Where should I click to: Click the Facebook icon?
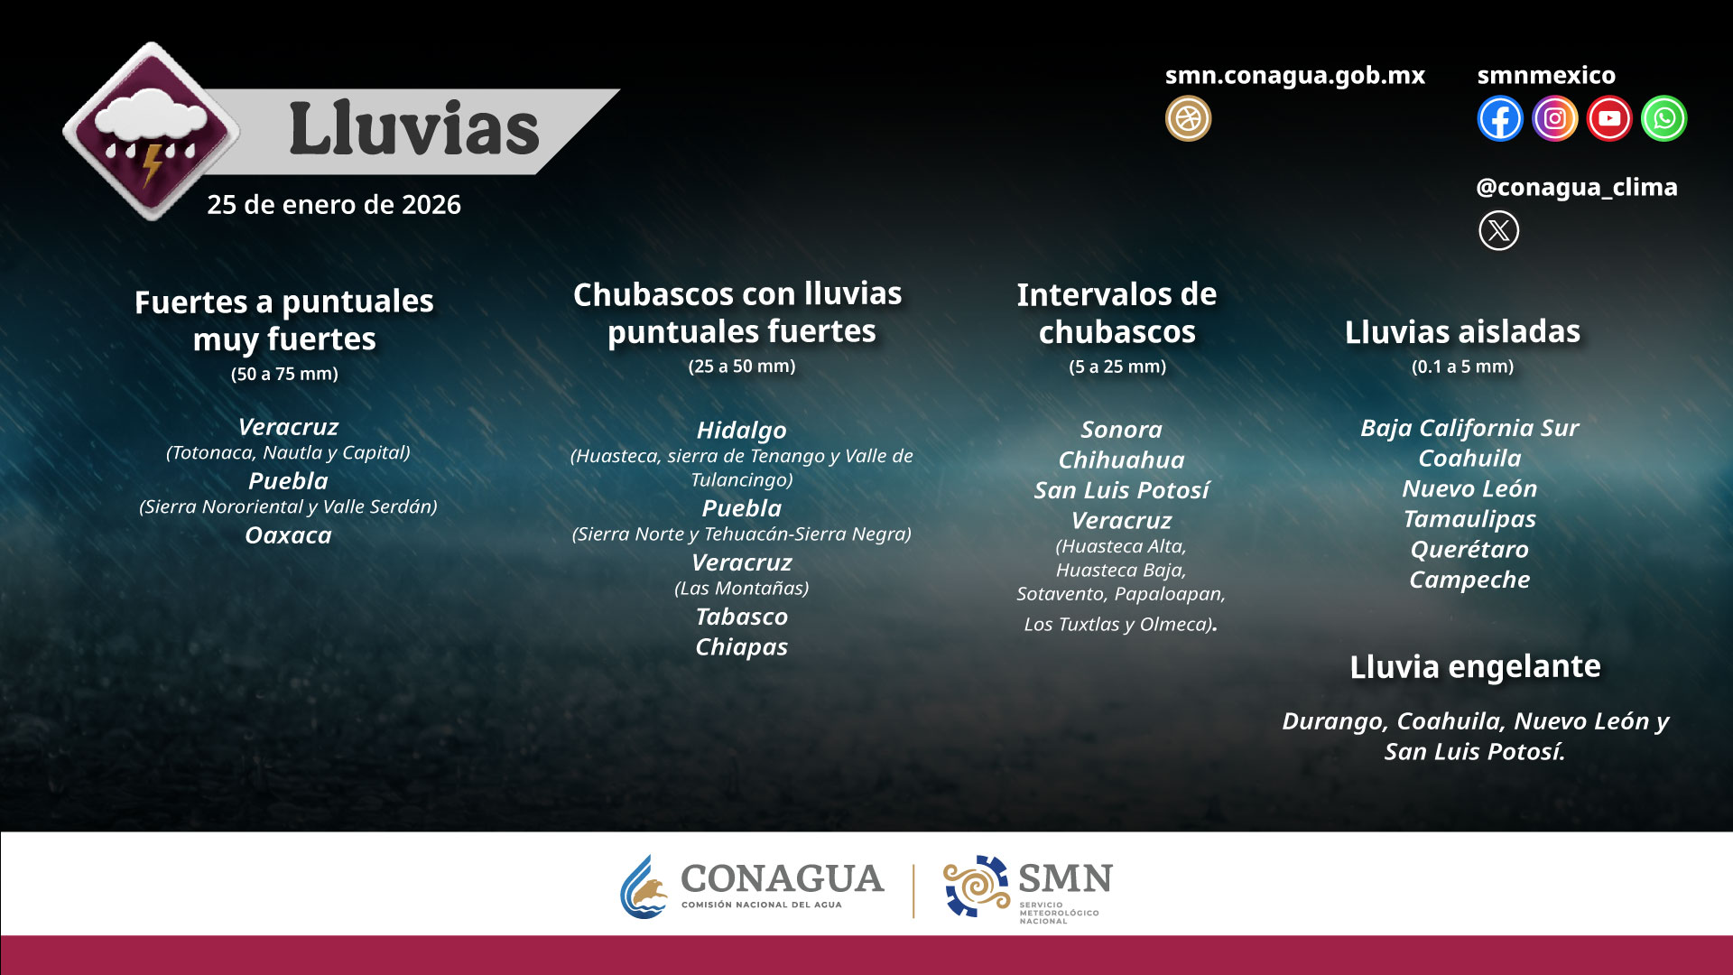[x=1500, y=118]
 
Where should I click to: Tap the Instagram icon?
[x=1554, y=118]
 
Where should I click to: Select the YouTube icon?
[x=1609, y=118]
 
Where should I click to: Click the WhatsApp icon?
[x=1663, y=118]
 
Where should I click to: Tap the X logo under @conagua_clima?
[x=1498, y=230]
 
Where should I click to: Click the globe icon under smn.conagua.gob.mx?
[x=1188, y=118]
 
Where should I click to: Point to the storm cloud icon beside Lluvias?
[x=151, y=132]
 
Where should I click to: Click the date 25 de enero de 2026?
[x=334, y=205]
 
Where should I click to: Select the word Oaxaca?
[x=289, y=535]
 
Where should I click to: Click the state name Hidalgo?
[x=742, y=431]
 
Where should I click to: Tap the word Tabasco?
[x=742, y=617]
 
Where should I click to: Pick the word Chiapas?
[x=742, y=647]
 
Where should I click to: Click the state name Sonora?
[x=1122, y=430]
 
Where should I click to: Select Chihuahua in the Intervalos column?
[x=1122, y=460]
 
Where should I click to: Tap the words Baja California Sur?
[x=1469, y=428]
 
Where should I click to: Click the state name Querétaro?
[x=1469, y=549]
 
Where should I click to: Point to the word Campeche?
[x=1469, y=580]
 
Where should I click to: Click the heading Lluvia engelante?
[x=1475, y=666]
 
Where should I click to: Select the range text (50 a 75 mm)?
[x=284, y=374]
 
